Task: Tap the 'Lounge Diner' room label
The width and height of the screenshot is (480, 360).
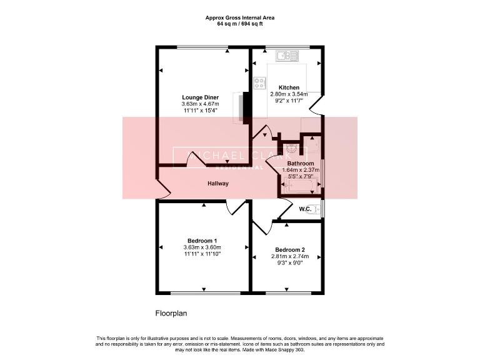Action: coord(200,97)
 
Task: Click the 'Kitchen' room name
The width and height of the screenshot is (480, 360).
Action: coord(289,87)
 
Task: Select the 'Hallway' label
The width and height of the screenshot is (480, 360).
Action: coord(218,184)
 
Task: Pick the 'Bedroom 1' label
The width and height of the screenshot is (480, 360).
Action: coord(202,241)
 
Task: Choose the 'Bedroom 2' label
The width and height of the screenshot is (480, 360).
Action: coord(289,249)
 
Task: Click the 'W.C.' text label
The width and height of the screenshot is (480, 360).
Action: coord(306,209)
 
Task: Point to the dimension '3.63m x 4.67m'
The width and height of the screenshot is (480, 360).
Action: coord(200,104)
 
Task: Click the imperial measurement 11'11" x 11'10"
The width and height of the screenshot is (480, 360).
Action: coord(202,254)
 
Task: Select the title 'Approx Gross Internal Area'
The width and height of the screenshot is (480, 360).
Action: coord(240,18)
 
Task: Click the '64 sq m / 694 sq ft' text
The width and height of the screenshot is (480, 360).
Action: coord(240,24)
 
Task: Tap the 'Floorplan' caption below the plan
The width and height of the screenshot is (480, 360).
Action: coord(171,313)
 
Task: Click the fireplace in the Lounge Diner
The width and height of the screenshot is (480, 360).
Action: coord(241,107)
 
